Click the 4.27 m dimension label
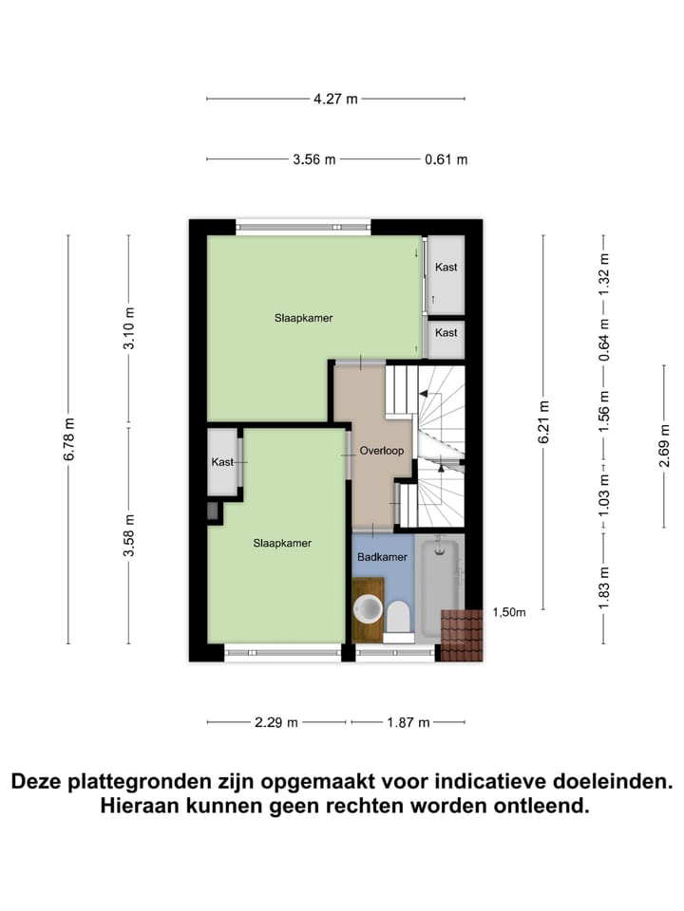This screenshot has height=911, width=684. pos(336,98)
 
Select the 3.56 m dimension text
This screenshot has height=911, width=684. pos(314,159)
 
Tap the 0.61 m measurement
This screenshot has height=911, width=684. pos(446,159)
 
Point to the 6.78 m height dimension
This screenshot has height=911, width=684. pos(68,439)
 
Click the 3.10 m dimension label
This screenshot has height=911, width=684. pos(129,329)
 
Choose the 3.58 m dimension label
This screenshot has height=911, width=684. pos(129,535)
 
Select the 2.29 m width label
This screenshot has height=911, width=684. pos(276,722)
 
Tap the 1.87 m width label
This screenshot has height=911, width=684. pos(408,722)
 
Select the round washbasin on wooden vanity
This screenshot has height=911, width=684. pos(368,606)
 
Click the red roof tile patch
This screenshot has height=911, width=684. pos(462,635)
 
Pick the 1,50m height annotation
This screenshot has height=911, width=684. pos(508,613)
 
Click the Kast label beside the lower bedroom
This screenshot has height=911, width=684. pos(223,462)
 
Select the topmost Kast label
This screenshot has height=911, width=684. pos(446,268)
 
